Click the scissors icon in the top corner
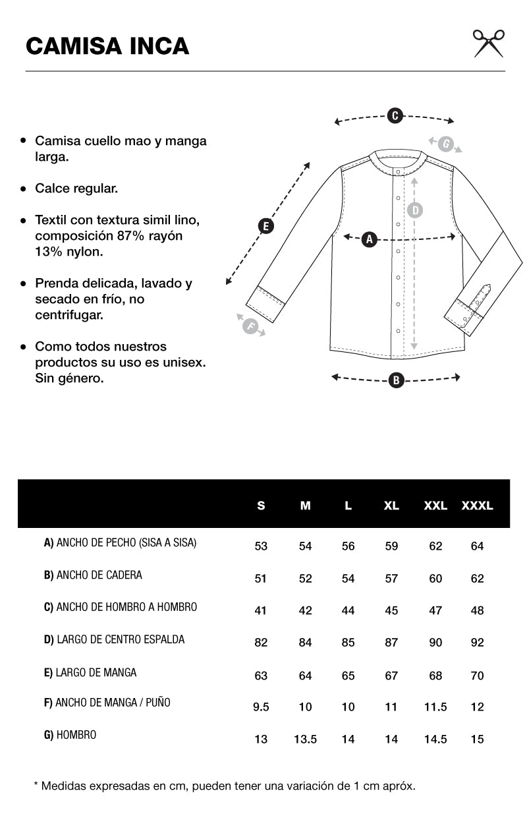[488, 44]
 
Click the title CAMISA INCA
[107, 46]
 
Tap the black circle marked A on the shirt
[369, 239]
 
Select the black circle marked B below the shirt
[395, 380]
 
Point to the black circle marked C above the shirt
[394, 116]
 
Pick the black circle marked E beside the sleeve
[265, 226]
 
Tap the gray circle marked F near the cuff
[250, 326]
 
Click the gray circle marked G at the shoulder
[446, 144]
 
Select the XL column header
[391, 506]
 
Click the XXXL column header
[478, 506]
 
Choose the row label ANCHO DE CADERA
[93, 575]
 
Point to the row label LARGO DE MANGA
[90, 672]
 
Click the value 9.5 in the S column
[261, 707]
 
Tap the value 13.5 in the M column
[305, 740]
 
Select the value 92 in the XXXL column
[478, 643]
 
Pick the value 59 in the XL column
[391, 546]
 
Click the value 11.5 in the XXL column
[435, 707]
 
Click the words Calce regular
[76, 189]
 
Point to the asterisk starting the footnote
[36, 785]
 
